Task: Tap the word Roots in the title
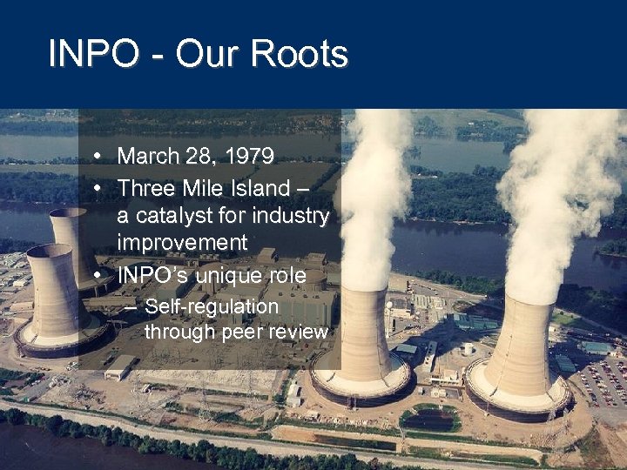point(300,54)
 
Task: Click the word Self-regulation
point(212,306)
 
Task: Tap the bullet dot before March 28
point(101,157)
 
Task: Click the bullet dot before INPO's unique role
point(101,275)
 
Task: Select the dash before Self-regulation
point(130,306)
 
